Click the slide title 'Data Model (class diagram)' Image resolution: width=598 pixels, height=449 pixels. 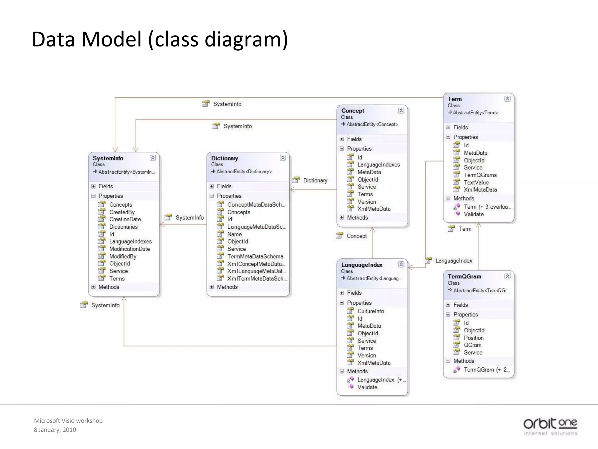160,39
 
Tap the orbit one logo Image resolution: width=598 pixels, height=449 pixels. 550,426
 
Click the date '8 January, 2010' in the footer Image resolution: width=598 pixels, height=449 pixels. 55,430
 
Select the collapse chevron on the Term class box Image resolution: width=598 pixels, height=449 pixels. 507,99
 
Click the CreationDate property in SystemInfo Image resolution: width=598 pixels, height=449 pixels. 125,219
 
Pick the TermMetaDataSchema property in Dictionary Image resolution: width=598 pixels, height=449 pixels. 255,256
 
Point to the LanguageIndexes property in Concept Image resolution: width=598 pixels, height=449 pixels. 378,165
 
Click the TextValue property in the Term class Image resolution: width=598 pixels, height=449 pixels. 476,182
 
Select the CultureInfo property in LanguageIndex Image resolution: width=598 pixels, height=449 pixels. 371,311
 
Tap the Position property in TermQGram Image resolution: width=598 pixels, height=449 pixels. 473,338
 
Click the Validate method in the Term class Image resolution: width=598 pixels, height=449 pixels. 473,214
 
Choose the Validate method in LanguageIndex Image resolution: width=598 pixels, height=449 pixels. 367,387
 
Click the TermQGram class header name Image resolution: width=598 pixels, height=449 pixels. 464,277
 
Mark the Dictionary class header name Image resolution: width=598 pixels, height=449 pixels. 224,158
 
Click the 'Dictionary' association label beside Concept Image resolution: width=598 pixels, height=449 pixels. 315,180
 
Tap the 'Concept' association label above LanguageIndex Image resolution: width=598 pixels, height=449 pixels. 356,236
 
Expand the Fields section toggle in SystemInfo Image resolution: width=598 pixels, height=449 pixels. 93,186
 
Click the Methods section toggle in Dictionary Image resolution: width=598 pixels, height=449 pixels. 212,287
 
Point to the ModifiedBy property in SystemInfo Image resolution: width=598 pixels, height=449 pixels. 123,256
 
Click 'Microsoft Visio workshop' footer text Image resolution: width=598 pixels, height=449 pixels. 68,421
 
